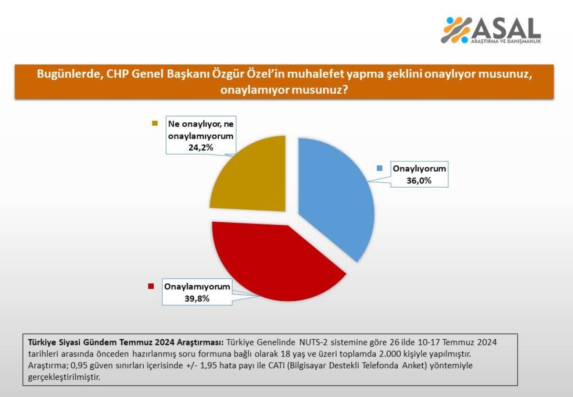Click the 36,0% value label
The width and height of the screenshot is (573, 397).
[419, 181]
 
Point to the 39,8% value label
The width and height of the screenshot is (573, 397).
[197, 299]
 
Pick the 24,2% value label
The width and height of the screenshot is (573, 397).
[201, 148]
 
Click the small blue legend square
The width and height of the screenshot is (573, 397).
[380, 168]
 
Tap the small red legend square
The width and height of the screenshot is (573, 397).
[151, 286]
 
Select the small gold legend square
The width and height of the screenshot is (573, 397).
[155, 123]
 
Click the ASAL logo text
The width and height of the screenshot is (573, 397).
[507, 28]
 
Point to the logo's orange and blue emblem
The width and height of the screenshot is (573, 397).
[456, 30]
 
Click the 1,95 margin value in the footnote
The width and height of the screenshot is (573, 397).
[209, 365]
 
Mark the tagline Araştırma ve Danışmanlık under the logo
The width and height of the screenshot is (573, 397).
[506, 41]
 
